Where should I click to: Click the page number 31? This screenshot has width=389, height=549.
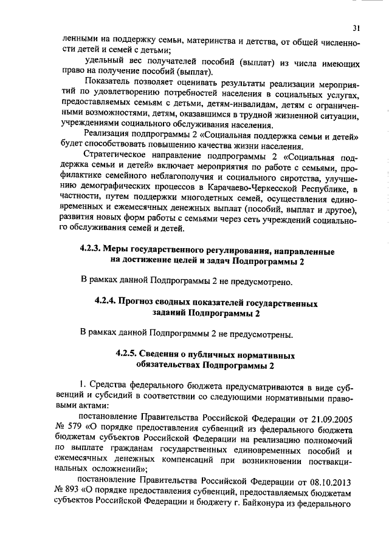pyautogui.click(x=356, y=27)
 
